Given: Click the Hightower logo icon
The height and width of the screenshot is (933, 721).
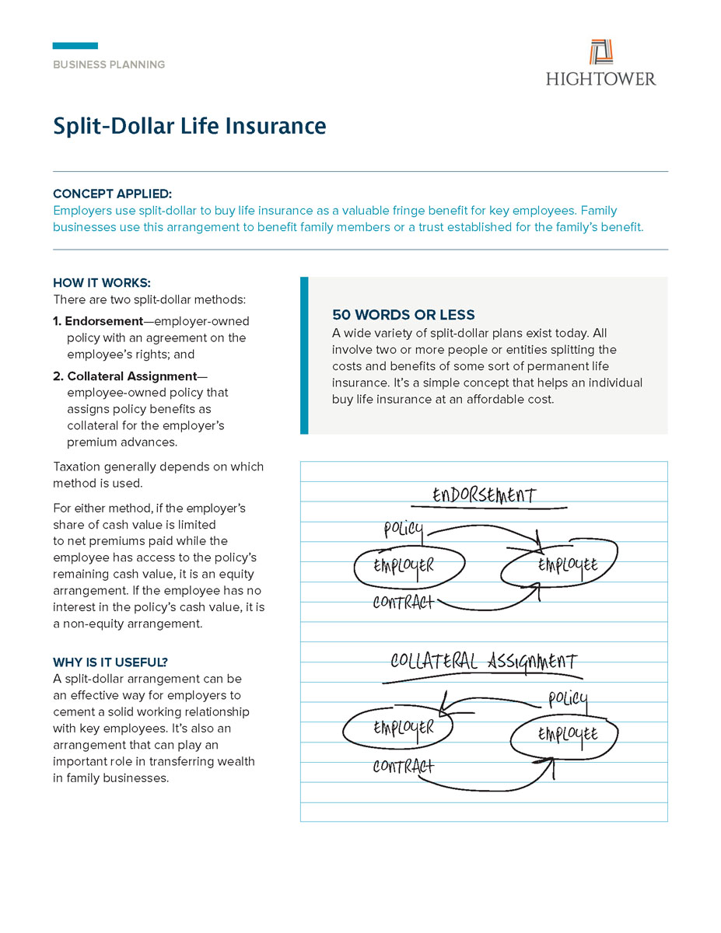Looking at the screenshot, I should (601, 52).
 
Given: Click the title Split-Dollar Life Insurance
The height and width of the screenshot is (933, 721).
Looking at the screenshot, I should (189, 126).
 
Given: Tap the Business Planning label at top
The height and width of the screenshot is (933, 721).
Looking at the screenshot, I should (109, 65).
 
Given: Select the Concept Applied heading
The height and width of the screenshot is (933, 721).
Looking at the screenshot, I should (112, 194).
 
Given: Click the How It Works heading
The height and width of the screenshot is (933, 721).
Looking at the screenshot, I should (102, 282).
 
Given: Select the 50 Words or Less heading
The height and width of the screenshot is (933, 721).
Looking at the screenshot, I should (403, 315).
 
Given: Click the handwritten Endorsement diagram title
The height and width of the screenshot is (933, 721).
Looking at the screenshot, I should (484, 495).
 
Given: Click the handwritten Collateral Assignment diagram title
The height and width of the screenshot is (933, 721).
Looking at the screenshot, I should (483, 662).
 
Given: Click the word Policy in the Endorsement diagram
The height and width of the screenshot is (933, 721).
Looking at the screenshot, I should (403, 530).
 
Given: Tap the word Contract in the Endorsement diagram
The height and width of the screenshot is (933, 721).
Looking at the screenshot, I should (403, 603).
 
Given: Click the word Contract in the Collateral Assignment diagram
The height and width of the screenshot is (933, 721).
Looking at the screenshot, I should (403, 767).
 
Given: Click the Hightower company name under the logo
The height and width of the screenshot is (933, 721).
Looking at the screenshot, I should (600, 79).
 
